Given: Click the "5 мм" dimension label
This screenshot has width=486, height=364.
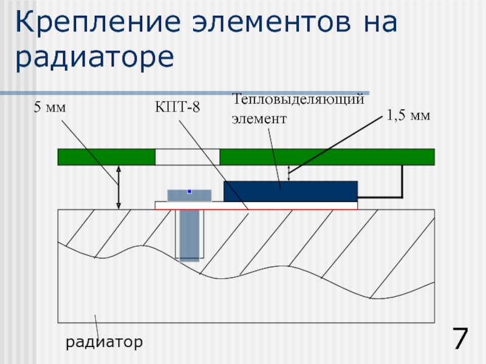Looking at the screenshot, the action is (49, 108).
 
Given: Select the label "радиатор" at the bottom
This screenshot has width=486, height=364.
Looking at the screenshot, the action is (104, 343).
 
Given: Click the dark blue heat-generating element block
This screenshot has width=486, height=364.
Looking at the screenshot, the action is (290, 191).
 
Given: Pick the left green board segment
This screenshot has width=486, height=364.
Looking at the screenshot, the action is (106, 157).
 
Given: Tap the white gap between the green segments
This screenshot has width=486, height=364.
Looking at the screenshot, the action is (187, 157).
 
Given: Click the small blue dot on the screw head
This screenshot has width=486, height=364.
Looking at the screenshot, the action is (190, 192).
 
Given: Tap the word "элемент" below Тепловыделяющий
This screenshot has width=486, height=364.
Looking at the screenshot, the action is (258, 119).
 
